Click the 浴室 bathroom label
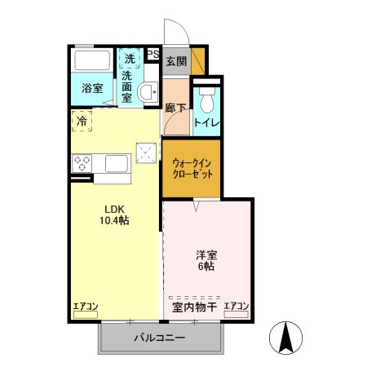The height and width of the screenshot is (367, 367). [91, 88]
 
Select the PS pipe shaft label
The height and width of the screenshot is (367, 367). [153, 55]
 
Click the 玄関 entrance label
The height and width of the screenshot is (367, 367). [175, 60]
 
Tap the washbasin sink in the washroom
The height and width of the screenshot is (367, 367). [148, 92]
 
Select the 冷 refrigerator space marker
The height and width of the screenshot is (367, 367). [82, 121]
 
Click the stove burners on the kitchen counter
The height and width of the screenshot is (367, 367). [82, 162]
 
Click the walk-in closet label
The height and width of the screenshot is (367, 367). [191, 168]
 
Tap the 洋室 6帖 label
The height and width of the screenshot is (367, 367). [205, 260]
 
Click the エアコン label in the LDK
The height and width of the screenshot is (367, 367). [86, 307]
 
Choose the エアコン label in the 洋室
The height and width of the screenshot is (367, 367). [237, 307]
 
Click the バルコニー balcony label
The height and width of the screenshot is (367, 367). [159, 338]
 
